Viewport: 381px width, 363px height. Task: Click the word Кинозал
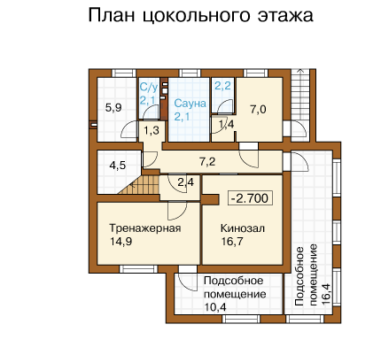pos(243,228)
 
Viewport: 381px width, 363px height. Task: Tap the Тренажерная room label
pos(145,228)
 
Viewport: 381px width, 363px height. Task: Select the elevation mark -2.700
pos(250,198)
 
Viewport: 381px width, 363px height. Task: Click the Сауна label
pos(190,104)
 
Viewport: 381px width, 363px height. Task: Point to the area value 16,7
pos(232,242)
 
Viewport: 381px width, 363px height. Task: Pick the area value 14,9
pos(121,242)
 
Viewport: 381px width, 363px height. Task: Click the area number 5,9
pos(113,108)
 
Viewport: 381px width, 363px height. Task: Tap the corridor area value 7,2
pos(207,162)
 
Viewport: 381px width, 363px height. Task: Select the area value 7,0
pos(258,110)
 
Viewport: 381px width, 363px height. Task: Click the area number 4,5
pos(118,166)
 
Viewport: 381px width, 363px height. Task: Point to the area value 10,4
pos(215,307)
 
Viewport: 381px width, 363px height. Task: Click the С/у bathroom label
pos(149,88)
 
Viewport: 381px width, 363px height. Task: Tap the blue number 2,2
pos(222,86)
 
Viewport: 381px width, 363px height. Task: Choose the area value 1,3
pos(152,130)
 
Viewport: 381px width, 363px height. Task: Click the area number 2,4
pos(186,182)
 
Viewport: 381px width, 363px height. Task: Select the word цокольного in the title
pos(197,16)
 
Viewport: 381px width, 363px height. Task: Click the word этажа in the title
pos(285,15)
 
